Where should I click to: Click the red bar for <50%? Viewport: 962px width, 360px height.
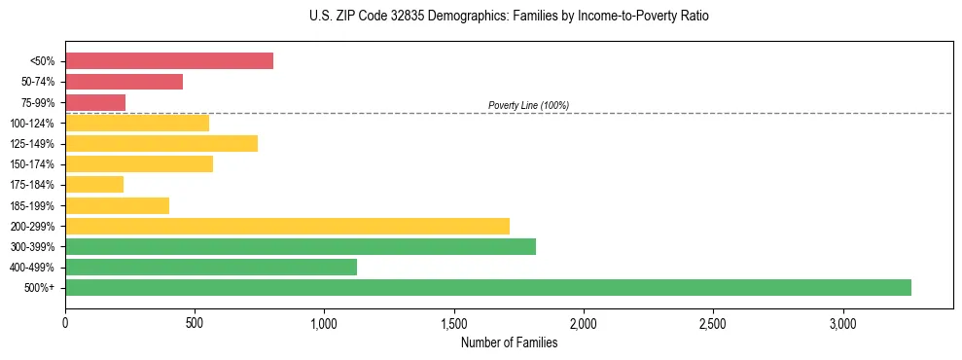[x=169, y=61]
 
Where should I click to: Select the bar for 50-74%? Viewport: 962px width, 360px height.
[x=124, y=82]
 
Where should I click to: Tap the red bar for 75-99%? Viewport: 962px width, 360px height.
[x=95, y=102]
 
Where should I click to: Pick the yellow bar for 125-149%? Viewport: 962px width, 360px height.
[x=161, y=143]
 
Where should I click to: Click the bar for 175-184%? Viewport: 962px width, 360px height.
[x=94, y=185]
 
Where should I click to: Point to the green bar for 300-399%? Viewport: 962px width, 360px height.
[x=301, y=246]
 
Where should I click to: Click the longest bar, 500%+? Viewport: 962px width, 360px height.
[x=488, y=287]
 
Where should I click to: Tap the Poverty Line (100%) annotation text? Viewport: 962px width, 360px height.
[x=528, y=105]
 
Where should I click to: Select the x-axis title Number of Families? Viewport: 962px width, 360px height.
[x=509, y=342]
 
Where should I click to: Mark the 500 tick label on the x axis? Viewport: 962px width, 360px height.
[x=195, y=323]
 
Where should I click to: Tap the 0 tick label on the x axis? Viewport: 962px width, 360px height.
[x=65, y=323]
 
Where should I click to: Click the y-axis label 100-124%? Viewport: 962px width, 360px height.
[x=32, y=124]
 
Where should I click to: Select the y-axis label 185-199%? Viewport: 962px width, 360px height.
[x=32, y=205]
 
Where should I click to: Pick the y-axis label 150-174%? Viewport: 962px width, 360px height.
[x=32, y=164]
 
